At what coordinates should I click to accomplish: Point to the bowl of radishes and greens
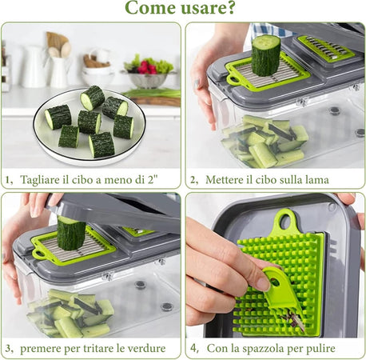tap(149, 74)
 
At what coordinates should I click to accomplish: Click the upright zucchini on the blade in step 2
tap(266, 55)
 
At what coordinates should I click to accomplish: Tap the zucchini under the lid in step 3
tap(70, 233)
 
